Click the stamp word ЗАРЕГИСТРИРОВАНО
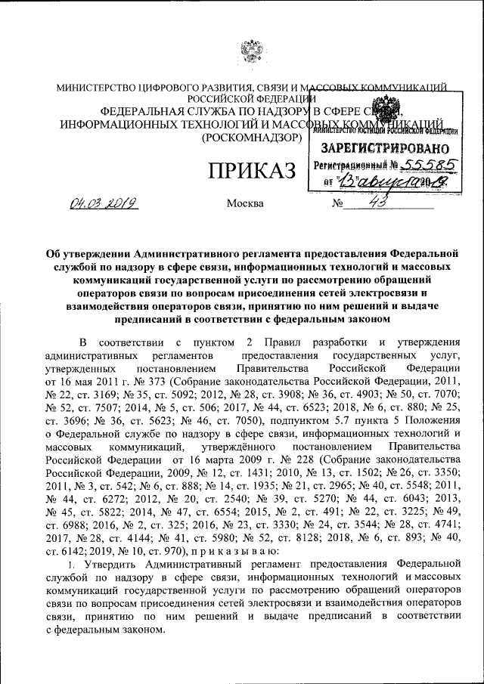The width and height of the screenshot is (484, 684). [386, 148]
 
